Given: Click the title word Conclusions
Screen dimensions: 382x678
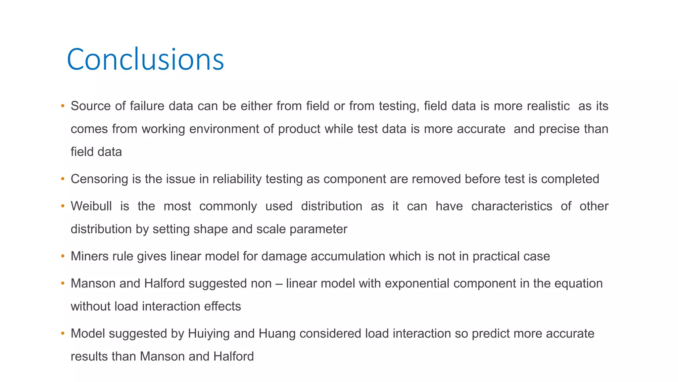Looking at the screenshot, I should click(145, 60).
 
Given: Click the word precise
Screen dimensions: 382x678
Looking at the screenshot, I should click(559, 129).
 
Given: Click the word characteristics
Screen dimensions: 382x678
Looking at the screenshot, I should click(511, 206).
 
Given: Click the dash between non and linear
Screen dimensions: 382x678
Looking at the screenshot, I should click(279, 284).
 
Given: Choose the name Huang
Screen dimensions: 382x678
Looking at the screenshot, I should click(277, 334).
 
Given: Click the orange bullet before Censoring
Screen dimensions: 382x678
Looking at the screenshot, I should click(63, 179).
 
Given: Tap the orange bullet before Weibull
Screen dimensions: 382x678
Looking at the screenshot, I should click(63, 206).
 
